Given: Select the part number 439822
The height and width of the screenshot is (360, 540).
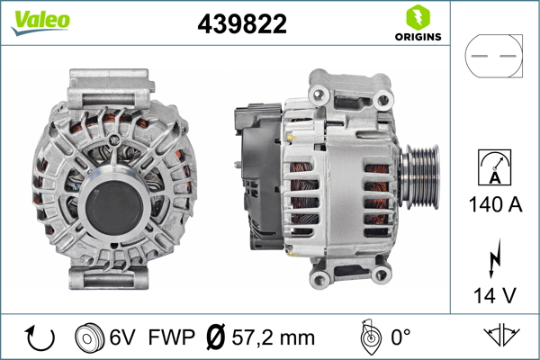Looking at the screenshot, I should point(241,24).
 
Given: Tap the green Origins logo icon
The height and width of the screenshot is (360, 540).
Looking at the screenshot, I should point(418,18).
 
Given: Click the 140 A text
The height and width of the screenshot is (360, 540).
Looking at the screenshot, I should point(493,204).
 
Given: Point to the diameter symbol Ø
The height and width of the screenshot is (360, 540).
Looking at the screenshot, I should point(217,337).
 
